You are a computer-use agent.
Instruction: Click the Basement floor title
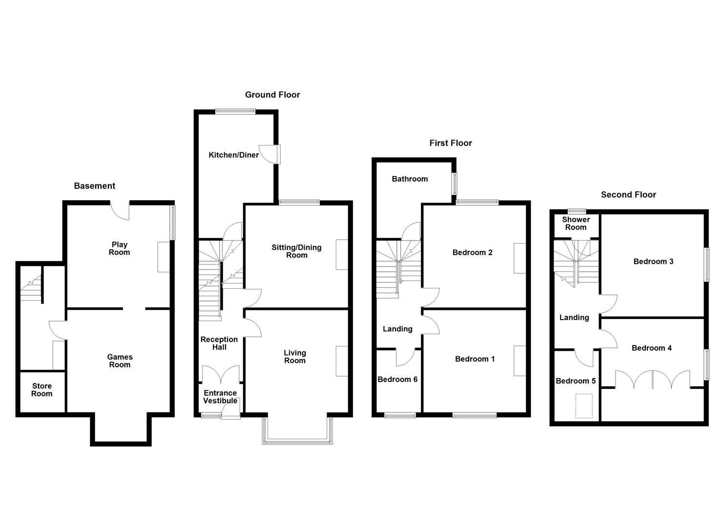pyautogui.click(x=94, y=186)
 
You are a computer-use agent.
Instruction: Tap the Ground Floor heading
pyautogui.click(x=272, y=95)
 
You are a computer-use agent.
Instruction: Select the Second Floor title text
pyautogui.click(x=628, y=195)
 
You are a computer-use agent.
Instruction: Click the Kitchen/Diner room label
pyautogui.click(x=233, y=155)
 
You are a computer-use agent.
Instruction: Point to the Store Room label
pyautogui.click(x=42, y=390)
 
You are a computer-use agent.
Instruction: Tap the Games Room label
pyautogui.click(x=120, y=361)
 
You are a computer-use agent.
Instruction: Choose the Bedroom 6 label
pyautogui.click(x=397, y=380)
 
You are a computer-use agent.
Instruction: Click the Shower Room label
pyautogui.click(x=576, y=223)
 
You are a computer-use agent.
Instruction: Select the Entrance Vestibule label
pyautogui.click(x=220, y=397)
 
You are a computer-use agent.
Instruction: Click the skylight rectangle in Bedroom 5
pyautogui.click(x=584, y=406)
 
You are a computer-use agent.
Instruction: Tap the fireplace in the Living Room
pyautogui.click(x=342, y=361)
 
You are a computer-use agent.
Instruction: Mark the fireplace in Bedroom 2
pyautogui.click(x=519, y=258)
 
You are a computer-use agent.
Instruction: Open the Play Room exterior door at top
pyautogui.click(x=121, y=210)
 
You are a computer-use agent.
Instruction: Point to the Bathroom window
pyautogui.click(x=454, y=184)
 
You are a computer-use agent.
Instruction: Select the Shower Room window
pyautogui.click(x=577, y=211)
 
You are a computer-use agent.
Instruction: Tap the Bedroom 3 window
pyautogui.click(x=706, y=264)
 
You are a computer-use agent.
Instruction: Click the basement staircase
pyautogui.click(x=30, y=288)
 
